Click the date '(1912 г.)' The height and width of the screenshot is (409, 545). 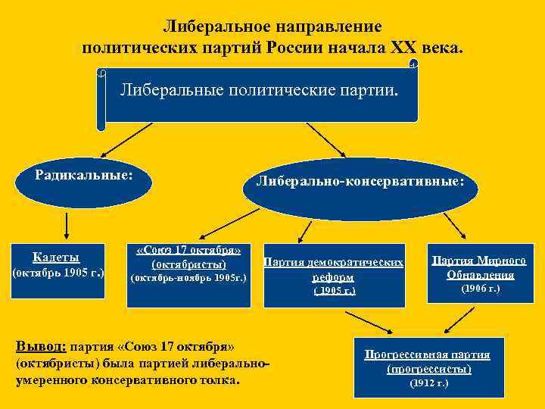click(428, 384)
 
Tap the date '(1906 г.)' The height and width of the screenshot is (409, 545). click(481, 289)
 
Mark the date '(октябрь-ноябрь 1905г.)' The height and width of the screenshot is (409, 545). click(188, 278)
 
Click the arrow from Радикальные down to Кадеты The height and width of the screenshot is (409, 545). click(67, 225)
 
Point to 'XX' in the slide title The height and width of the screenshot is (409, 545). click(406, 48)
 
